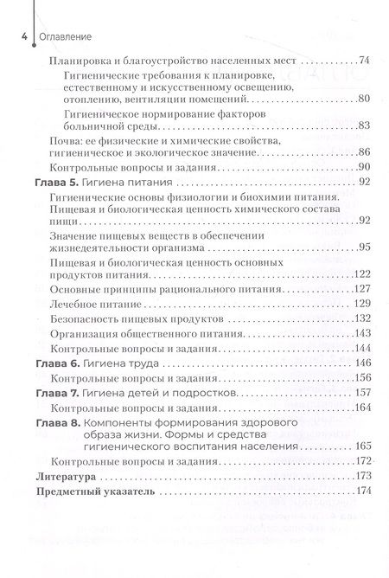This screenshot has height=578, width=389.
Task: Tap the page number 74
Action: [x=363, y=62]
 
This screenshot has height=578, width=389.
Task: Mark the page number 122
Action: [x=362, y=273]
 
